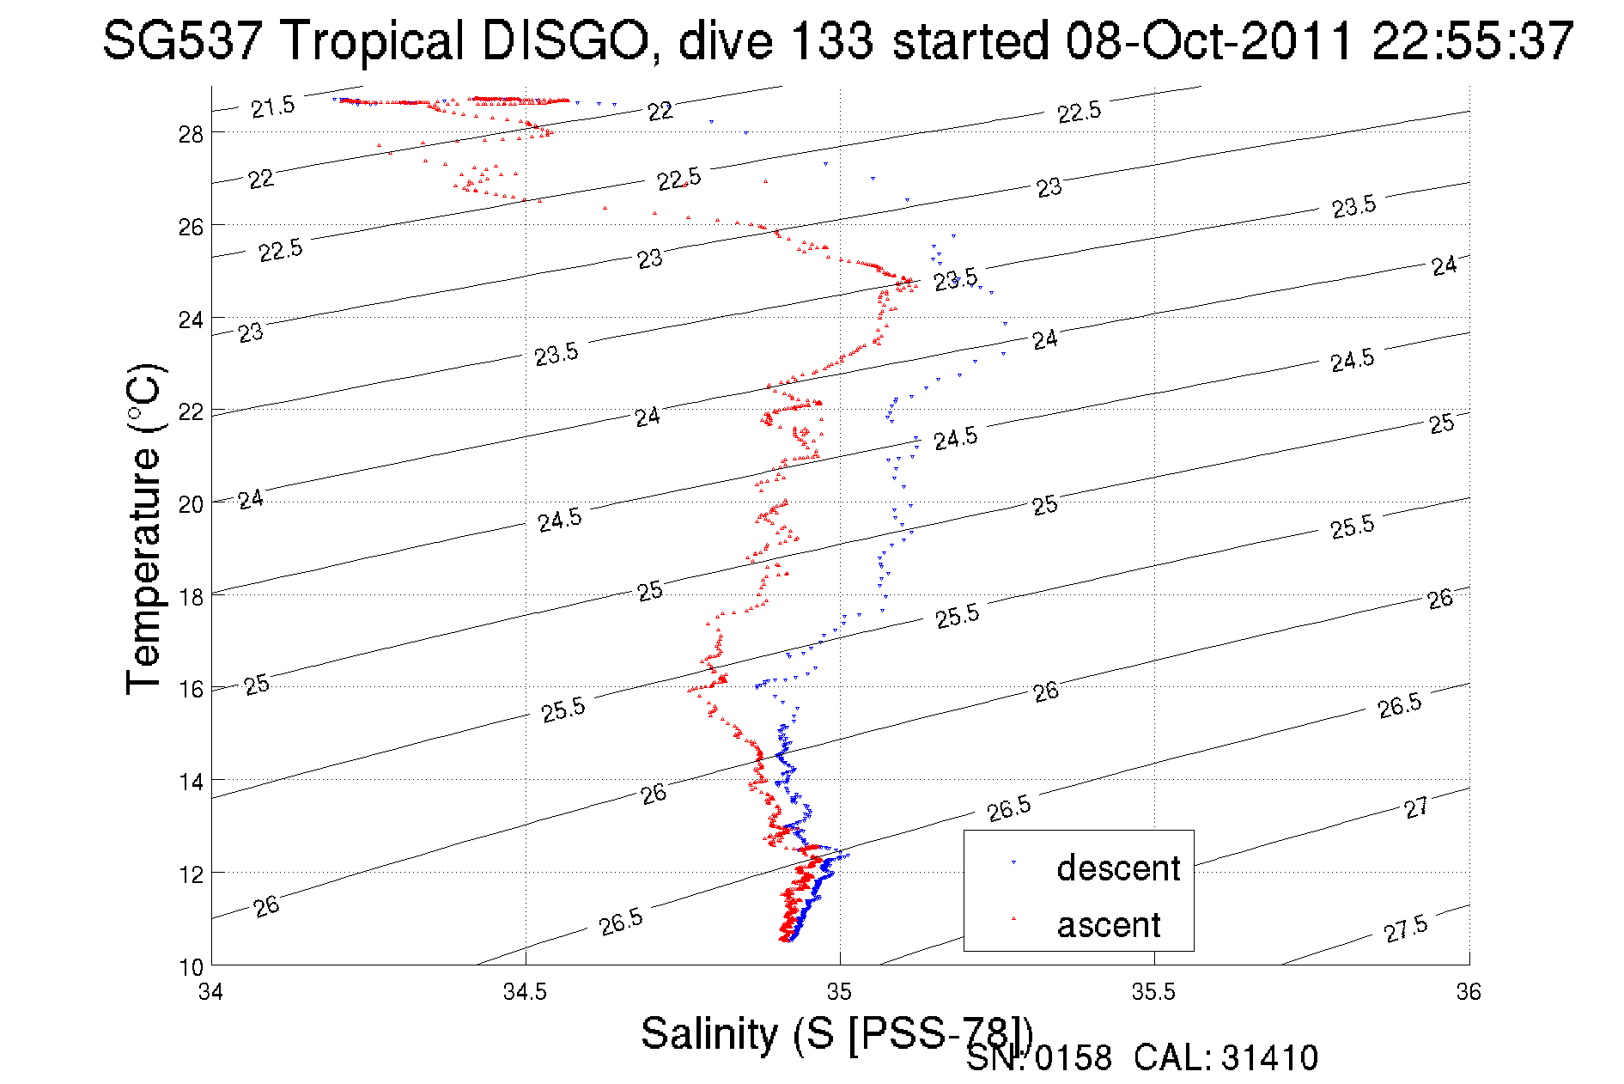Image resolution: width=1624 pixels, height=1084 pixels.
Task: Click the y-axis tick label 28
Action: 190,133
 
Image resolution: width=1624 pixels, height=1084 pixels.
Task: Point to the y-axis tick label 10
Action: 190,967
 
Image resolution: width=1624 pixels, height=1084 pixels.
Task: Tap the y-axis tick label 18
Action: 190,597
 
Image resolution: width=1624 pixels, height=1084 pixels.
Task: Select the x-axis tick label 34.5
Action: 525,992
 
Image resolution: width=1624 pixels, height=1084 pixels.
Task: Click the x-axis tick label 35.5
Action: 1153,992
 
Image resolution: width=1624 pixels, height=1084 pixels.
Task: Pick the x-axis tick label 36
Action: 1469,992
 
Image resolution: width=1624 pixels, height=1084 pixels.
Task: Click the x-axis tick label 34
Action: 211,992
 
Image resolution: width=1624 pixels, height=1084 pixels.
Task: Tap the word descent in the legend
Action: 1118,868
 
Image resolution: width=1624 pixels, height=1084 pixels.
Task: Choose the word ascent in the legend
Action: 1109,925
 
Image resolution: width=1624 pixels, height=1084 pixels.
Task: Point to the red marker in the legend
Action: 1013,918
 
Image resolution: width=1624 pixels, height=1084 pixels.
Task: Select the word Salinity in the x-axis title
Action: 709,1033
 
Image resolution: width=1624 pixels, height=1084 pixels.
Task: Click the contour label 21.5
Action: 272,107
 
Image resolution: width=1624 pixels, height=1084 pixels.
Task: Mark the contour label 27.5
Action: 1406,929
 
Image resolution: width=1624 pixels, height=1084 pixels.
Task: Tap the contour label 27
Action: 1416,807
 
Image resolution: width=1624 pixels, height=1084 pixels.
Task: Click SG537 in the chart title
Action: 181,40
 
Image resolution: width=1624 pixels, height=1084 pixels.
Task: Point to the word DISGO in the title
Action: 564,40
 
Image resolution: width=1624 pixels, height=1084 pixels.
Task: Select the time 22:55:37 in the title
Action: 1473,40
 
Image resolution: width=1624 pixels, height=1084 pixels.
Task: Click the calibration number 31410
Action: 1269,1058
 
